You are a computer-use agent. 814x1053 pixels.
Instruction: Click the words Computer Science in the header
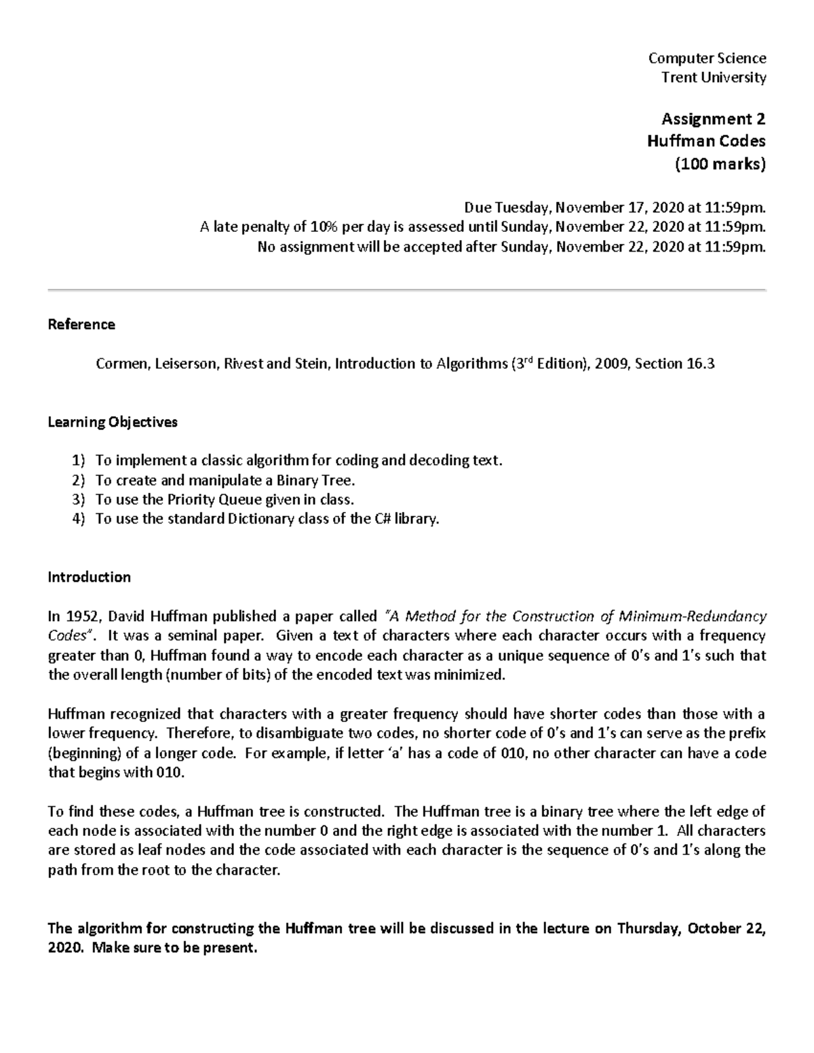[x=708, y=58]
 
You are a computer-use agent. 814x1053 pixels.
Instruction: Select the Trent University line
[x=714, y=77]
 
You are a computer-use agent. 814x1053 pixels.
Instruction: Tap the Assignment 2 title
[x=713, y=119]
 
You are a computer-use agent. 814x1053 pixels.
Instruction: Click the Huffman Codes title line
[x=705, y=141]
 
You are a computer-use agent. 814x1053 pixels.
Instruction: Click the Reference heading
[x=81, y=325]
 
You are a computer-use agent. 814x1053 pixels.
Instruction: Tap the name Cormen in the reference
[x=121, y=364]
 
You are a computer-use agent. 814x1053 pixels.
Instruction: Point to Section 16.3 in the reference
[x=674, y=364]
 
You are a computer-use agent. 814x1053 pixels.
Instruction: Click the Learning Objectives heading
[x=113, y=422]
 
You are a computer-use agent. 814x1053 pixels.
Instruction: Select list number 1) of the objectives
[x=79, y=461]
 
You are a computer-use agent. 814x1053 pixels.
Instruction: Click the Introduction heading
[x=89, y=577]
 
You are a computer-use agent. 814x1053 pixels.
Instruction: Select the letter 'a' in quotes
[x=395, y=753]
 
